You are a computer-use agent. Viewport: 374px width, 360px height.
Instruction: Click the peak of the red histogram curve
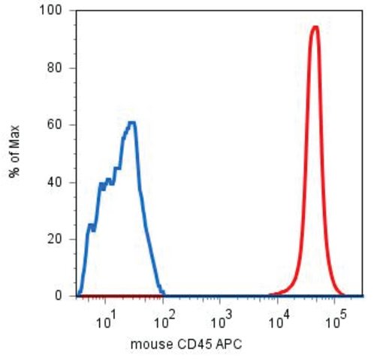point(316,27)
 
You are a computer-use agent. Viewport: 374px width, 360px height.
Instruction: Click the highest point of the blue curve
point(132,122)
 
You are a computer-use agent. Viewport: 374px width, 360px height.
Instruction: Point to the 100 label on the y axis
point(51,10)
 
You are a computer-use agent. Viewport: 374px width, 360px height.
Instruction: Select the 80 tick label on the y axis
point(55,67)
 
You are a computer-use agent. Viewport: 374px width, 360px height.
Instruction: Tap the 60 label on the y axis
point(55,124)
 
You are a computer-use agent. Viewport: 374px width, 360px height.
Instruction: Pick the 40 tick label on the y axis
point(55,182)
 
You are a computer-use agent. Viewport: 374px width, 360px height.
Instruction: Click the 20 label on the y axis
point(55,239)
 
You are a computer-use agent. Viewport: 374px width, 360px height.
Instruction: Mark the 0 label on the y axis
point(59,296)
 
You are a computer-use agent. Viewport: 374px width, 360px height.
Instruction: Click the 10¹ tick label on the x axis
point(107,320)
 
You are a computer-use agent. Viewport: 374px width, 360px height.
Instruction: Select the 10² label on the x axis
point(164,320)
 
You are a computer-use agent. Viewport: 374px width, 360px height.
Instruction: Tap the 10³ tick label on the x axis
point(222,320)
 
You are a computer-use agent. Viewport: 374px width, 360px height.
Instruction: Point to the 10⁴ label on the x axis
point(279,320)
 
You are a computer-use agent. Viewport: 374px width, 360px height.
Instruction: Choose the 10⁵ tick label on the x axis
point(336,320)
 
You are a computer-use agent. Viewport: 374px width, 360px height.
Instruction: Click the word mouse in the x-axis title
point(152,345)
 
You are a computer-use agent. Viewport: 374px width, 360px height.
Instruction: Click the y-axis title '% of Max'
point(14,151)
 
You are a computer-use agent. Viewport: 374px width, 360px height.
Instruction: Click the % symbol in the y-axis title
point(14,172)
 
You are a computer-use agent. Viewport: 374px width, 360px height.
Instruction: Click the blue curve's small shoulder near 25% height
point(91,226)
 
